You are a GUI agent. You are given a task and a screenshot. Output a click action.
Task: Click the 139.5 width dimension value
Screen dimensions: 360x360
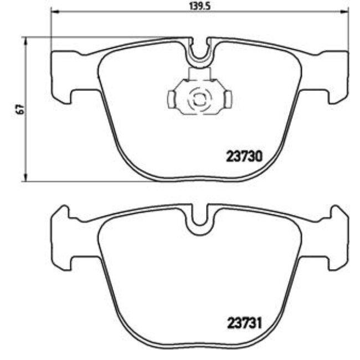pyautogui.click(x=199, y=6)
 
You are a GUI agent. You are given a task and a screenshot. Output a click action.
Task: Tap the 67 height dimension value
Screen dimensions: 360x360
pyautogui.click(x=19, y=109)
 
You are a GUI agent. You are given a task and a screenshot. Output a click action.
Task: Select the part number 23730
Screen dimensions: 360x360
pyautogui.click(x=244, y=157)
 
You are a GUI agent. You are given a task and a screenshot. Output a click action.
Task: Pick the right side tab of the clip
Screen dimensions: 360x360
pyautogui.click(x=228, y=100)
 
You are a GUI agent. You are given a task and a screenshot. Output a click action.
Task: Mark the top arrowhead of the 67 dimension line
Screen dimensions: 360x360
pyautogui.click(x=25, y=40)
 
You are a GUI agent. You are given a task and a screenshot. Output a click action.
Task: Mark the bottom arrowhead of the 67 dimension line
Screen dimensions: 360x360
pyautogui.click(x=25, y=178)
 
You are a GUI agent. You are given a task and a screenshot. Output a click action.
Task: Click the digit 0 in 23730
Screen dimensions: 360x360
pyautogui.click(x=258, y=157)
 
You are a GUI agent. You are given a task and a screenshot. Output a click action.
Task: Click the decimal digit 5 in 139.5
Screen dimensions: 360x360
pyautogui.click(x=210, y=6)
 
